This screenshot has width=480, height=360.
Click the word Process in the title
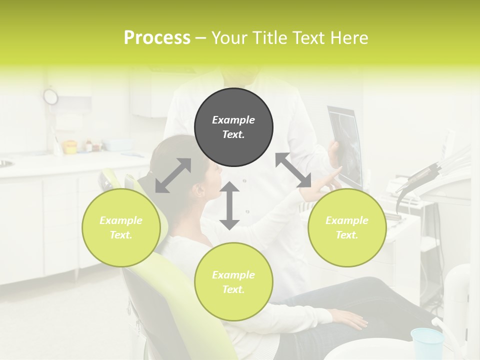[157, 37]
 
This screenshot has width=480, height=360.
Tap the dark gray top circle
[233, 127]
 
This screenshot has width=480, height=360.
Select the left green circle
[121, 227]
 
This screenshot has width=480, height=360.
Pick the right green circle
[347, 227]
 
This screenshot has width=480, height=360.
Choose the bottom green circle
[233, 282]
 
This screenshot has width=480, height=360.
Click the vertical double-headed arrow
[229, 205]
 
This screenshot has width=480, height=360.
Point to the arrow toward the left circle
[173, 175]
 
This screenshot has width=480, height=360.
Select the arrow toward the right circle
[293, 170]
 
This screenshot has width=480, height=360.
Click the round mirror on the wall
[50, 96]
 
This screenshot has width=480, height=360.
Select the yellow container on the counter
[70, 146]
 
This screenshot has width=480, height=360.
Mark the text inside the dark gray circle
[233, 127]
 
